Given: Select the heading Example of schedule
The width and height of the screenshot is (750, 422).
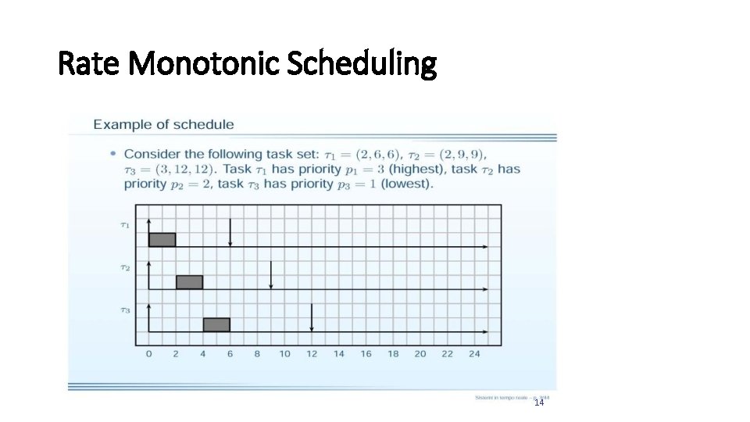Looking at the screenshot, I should pos(163,124).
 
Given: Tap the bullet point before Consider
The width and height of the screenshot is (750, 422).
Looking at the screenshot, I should pos(114,153).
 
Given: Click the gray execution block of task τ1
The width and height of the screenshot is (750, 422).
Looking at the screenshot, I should pos(162,239).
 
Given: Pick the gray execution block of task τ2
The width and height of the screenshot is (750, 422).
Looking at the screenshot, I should pos(189,282).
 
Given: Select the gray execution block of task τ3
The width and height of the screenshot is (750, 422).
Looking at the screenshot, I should pos(216,324).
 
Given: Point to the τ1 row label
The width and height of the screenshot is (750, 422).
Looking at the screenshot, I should pos(125,225).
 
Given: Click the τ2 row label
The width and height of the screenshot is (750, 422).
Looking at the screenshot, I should pos(125,267).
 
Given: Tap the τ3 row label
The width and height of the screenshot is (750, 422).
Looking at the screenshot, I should pos(125,310).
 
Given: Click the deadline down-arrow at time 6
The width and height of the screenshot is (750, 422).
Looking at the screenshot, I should pos(230,232).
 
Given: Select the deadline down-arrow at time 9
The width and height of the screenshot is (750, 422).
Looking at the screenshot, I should pos(271,275).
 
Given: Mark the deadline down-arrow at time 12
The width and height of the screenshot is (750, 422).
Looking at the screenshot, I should pos(312,317).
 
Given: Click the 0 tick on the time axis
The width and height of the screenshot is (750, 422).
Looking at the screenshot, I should pos(149,354).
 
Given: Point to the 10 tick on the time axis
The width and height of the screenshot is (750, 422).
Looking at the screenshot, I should pos(284,354).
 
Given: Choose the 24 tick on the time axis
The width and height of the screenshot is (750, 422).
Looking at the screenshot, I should pos(474,354).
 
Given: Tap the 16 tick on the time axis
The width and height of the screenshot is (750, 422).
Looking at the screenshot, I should pos(366,354).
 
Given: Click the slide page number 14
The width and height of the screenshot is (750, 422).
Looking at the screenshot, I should pos(538,402).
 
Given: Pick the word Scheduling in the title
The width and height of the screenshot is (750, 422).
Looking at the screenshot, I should pos(361,64).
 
